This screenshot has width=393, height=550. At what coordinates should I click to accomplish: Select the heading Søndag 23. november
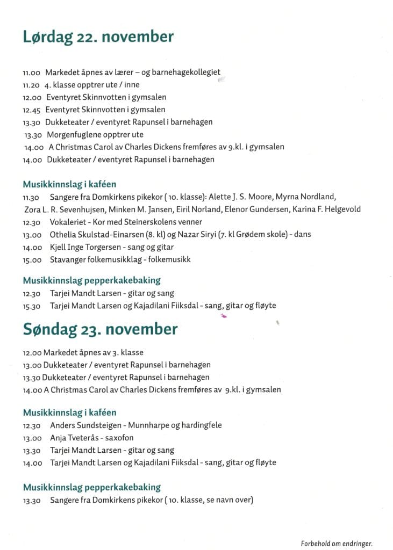(x=100, y=329)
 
